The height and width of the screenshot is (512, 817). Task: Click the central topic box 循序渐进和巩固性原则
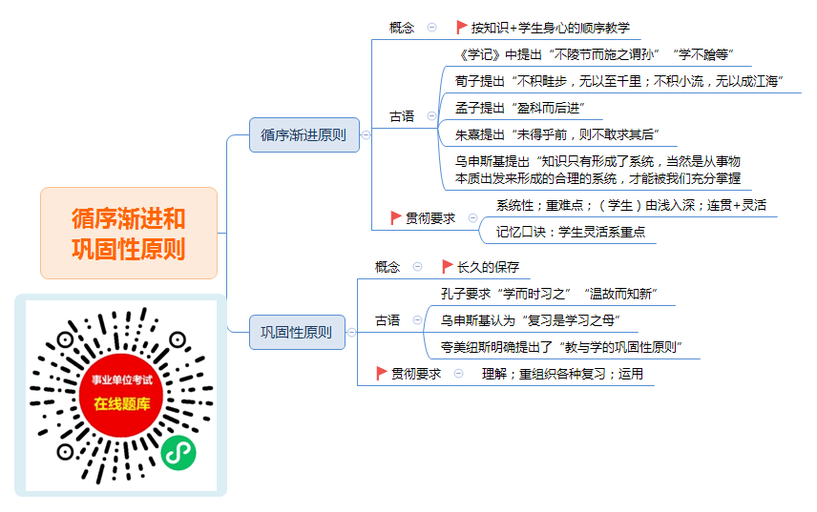(129, 233)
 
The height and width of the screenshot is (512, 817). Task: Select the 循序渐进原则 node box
(304, 134)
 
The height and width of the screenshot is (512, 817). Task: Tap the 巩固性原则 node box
(297, 332)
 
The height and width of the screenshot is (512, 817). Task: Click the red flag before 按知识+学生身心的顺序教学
(461, 27)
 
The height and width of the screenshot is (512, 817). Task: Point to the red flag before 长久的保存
(447, 266)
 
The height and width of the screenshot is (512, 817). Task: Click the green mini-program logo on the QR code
(178, 453)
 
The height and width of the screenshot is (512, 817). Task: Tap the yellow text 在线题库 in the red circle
(122, 403)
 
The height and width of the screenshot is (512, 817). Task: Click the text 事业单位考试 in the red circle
(122, 379)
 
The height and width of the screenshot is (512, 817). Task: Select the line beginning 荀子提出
(619, 81)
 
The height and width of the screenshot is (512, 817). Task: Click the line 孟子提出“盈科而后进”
(519, 108)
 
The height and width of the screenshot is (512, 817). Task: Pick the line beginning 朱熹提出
(557, 134)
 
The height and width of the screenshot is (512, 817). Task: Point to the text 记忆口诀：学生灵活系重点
(571, 232)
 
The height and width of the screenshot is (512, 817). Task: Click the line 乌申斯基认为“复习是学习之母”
(531, 320)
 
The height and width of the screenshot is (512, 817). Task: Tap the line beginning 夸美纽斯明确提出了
(561, 346)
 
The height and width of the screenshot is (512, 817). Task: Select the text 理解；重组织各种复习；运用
(562, 374)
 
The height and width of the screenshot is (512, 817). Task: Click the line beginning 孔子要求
(549, 294)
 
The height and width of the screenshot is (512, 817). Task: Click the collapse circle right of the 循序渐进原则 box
(366, 134)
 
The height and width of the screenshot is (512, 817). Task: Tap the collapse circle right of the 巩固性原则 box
(351, 332)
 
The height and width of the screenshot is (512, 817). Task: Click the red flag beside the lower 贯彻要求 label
(381, 373)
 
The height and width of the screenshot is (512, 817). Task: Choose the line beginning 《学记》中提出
(595, 54)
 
